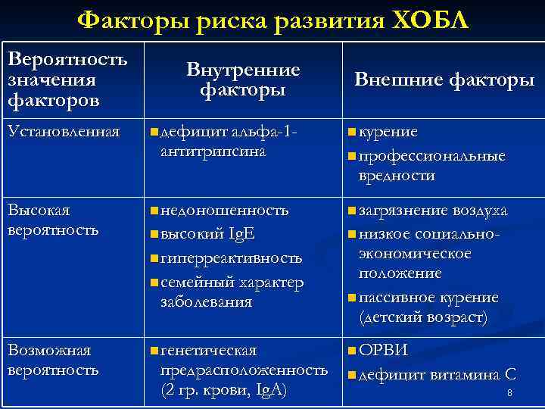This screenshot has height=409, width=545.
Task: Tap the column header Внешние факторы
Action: click(x=444, y=80)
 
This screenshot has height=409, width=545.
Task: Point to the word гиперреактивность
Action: click(x=231, y=258)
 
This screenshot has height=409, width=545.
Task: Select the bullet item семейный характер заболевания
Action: click(x=231, y=292)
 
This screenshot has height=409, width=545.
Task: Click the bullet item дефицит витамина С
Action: click(x=437, y=374)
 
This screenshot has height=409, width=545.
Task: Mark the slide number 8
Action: click(x=509, y=393)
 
